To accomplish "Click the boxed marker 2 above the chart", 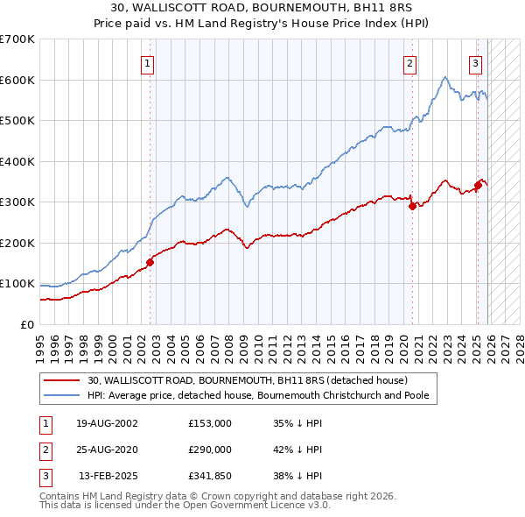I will point(409,63).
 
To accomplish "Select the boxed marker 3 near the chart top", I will point(475,63).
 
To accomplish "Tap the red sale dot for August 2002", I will point(150,261).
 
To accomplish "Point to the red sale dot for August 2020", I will point(412,206).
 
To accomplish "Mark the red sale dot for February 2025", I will point(478,185).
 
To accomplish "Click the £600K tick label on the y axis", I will point(17,80).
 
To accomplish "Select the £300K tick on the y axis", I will point(17,202).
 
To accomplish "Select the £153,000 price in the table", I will point(210,423).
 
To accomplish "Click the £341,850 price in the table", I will point(210,476).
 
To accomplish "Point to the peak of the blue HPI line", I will point(445,77).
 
